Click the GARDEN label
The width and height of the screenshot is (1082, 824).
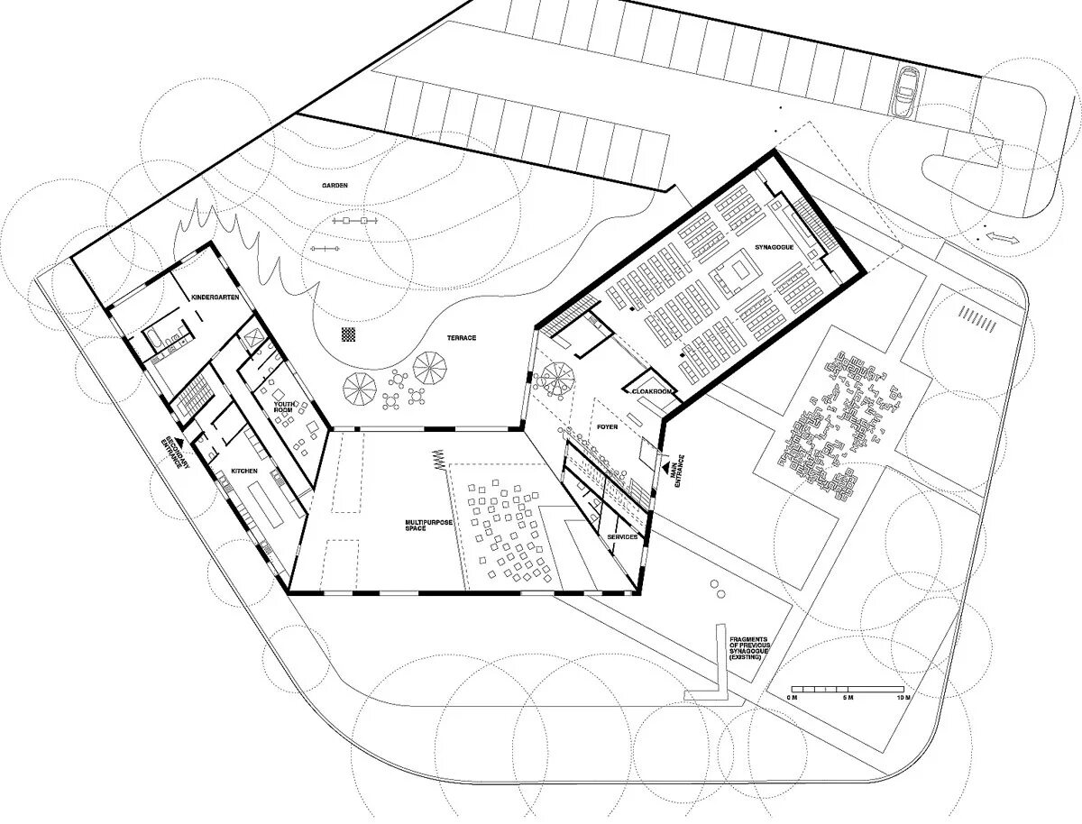(x=335, y=186)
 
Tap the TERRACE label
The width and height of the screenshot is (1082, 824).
(x=462, y=338)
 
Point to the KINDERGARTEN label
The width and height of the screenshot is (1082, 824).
(x=215, y=298)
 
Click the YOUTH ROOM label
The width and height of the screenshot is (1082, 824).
(x=285, y=407)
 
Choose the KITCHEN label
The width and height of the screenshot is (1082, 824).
(x=244, y=472)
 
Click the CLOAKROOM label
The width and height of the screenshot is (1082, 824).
(x=652, y=391)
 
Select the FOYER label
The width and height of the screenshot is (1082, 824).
(x=607, y=426)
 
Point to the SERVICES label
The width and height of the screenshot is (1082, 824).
(x=622, y=536)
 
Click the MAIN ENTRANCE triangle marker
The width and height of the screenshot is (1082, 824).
(x=666, y=464)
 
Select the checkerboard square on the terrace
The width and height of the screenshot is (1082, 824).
(x=349, y=334)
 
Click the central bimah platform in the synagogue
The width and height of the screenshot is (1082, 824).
(x=736, y=271)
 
